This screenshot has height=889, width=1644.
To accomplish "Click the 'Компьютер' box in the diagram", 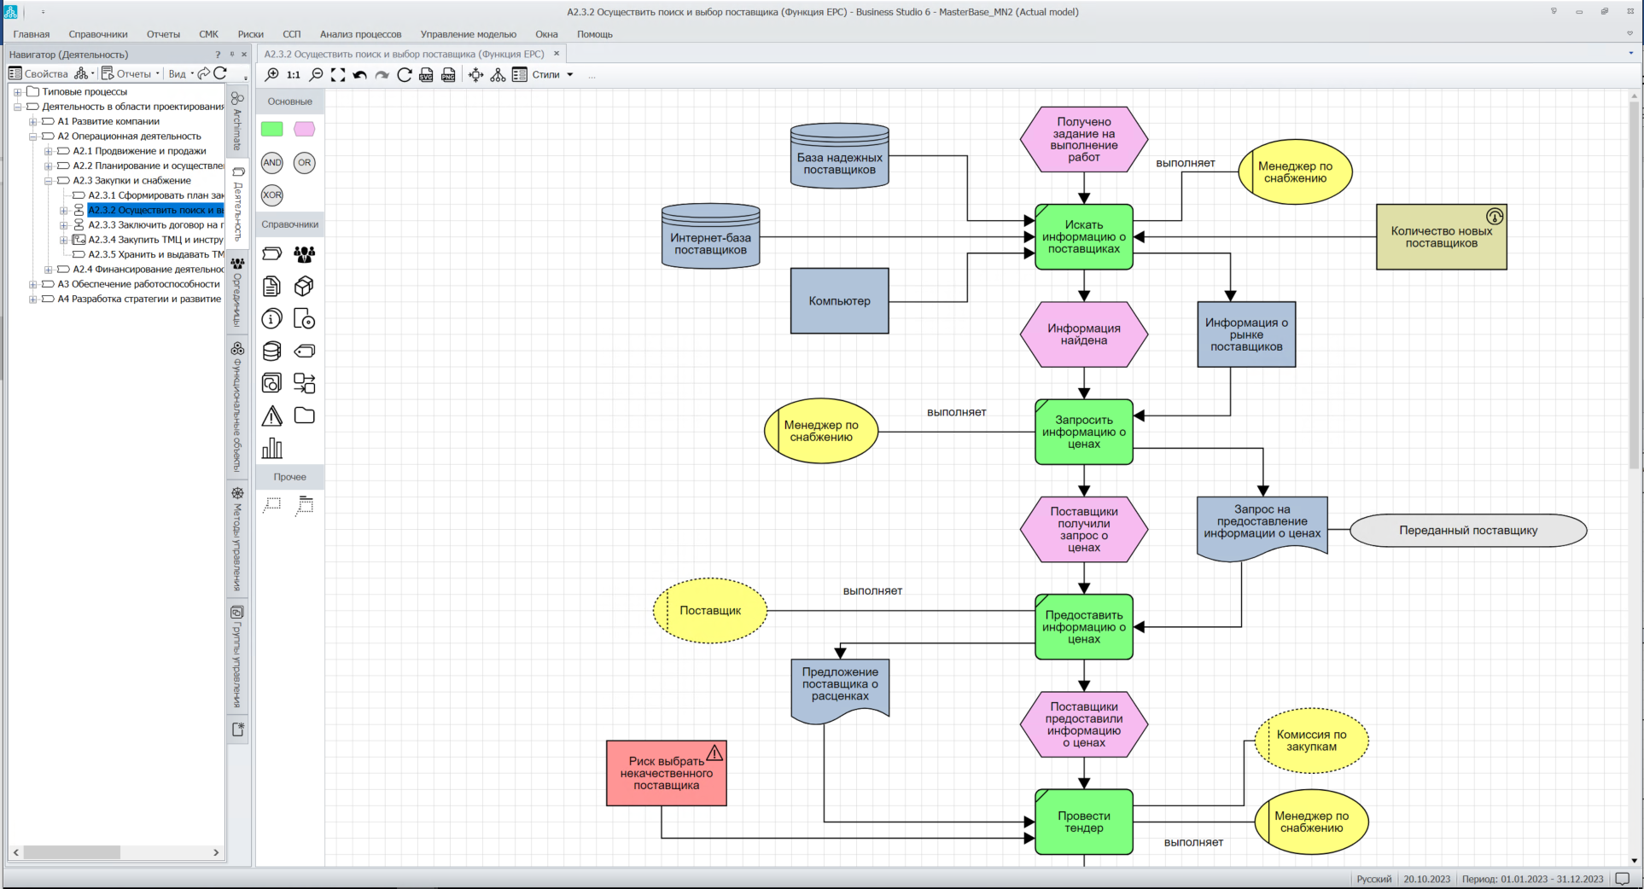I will point(839,301).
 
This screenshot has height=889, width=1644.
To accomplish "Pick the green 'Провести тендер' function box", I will point(1083,822).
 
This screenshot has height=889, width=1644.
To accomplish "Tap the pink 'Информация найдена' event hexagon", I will point(1083,334).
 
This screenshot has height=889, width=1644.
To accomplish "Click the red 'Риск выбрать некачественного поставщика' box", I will point(666,774).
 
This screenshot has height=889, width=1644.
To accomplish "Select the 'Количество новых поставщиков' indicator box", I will point(1441,237).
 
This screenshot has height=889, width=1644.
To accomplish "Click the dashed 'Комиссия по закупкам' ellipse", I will point(1311,741).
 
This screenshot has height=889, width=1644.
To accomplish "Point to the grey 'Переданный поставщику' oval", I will point(1468,531).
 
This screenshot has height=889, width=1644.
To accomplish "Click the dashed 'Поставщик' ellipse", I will point(710,611).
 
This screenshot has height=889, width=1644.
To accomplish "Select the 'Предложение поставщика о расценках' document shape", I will point(840,688).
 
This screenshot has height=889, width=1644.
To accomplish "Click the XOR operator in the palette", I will point(271,195).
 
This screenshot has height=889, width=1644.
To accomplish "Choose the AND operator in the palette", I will point(271,162).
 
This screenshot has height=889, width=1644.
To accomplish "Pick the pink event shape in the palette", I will point(304,129).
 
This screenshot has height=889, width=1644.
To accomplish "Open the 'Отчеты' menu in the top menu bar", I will point(163,34).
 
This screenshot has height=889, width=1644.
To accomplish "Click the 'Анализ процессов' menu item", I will point(360,34).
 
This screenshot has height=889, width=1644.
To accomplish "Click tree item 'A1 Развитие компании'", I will point(108,121).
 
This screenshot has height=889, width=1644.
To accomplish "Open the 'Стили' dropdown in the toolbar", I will point(552,75).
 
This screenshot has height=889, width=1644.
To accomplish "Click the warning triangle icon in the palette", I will point(271,416).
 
